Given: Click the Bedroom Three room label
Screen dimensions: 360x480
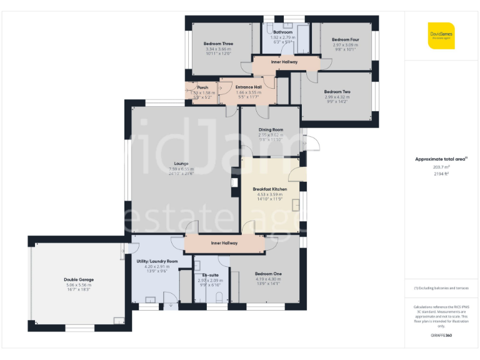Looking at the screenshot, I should coord(218,44).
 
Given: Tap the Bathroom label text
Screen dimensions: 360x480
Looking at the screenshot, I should coord(287,32).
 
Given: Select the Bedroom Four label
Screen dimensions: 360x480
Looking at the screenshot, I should coord(345,39).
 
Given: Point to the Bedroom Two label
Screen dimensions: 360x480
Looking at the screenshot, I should coord(337,92).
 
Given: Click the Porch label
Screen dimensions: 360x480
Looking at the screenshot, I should coord(202,87).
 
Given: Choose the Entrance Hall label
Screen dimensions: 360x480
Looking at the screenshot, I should coord(249,87).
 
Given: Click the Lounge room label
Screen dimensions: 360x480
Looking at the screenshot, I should coord(181,164).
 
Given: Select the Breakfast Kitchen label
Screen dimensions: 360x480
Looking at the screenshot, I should coord(270,189).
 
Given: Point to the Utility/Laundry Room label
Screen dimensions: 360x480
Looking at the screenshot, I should coord(157,261).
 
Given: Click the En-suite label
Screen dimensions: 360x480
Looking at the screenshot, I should coord(210,275).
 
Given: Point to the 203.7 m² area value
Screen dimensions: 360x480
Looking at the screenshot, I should coord(441,167).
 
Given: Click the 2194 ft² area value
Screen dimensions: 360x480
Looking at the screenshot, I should coord(441,174).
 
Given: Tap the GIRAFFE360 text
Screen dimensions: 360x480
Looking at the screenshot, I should coord(441,336).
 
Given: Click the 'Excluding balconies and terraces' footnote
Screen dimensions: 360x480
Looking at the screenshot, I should coord(441,288).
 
